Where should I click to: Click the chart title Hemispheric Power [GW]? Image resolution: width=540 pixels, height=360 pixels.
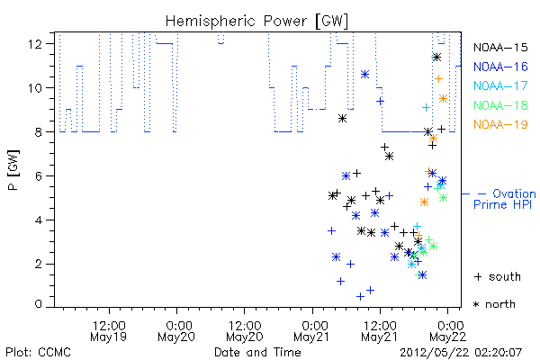[x=256, y=21]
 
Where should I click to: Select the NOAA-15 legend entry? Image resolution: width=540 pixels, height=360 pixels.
[x=500, y=47]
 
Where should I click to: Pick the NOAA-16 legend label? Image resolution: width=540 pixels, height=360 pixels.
[x=500, y=67]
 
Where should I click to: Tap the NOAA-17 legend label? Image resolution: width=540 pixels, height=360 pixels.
[x=500, y=85]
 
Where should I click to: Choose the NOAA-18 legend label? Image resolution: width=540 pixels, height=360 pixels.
[x=500, y=105]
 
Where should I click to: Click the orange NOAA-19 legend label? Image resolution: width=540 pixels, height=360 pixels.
[x=500, y=124]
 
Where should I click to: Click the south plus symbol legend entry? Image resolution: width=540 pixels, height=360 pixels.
[x=498, y=276]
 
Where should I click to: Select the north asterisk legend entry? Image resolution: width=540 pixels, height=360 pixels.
[x=494, y=304]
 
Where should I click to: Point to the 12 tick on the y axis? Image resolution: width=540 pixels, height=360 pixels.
[x=35, y=44]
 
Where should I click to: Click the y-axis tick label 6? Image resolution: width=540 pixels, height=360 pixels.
[x=38, y=176]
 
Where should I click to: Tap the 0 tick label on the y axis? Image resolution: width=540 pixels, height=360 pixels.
[x=38, y=304]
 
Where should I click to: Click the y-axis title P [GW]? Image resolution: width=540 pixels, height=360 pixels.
[x=13, y=170]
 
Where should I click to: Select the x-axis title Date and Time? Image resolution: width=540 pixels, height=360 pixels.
[x=257, y=353]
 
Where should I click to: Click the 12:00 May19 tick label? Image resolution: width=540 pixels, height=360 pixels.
[x=109, y=331]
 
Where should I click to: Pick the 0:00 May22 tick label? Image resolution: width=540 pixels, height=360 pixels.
[x=447, y=331]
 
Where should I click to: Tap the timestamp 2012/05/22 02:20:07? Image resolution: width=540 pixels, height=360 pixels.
[x=461, y=353]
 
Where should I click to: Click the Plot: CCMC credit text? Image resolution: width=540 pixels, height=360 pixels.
[x=38, y=353]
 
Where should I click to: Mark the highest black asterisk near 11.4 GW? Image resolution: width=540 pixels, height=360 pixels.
[x=436, y=58]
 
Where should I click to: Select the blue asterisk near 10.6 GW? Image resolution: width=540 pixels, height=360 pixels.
[x=365, y=74]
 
